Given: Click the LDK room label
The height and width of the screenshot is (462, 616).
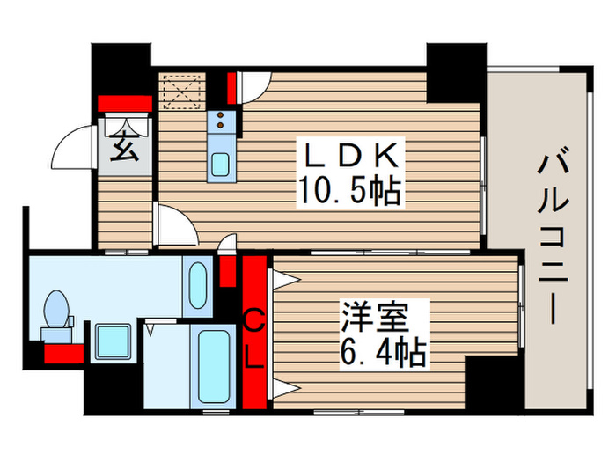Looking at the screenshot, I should [353, 156].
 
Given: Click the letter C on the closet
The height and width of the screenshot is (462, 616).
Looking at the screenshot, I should [253, 322].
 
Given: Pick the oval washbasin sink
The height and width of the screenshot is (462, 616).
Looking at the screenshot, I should [197, 284].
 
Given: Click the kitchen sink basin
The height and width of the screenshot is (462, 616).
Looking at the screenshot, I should [220, 164].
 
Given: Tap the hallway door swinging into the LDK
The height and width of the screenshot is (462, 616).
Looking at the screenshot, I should [176, 226].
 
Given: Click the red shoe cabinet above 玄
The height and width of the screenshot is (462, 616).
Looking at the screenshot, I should [125, 104].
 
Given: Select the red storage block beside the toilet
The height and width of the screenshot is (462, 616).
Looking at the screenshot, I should [63, 354].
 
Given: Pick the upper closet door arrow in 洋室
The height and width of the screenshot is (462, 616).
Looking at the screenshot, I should [283, 281].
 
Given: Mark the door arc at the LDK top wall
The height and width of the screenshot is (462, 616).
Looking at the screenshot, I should [253, 86].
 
